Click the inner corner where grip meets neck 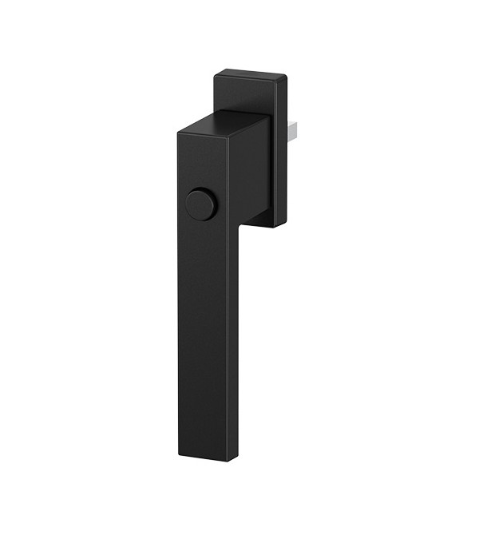click(237, 225)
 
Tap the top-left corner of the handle click(176, 133)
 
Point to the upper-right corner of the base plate click(286, 74)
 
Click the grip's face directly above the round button click(200, 164)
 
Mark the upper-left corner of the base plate click(215, 74)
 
